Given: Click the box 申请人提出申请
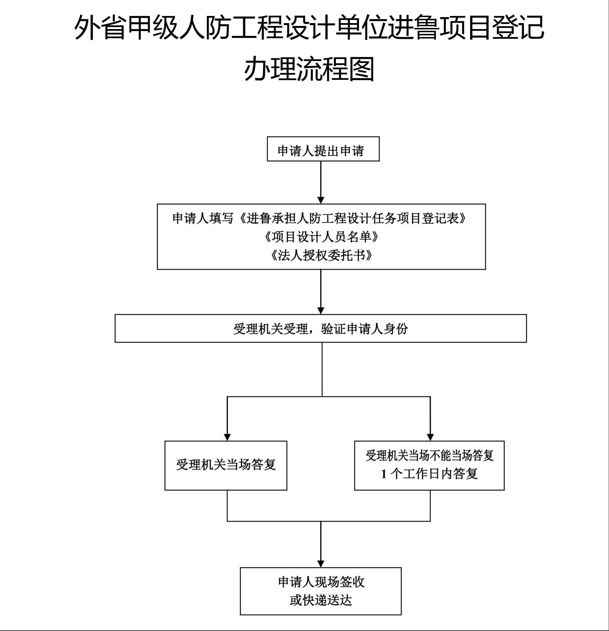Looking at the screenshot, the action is [x=323, y=149].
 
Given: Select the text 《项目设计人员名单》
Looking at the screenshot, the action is [x=321, y=237].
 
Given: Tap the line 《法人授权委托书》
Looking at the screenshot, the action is [x=321, y=255].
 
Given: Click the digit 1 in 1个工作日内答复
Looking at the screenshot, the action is [x=384, y=474].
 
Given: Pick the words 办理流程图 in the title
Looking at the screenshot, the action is [x=309, y=69].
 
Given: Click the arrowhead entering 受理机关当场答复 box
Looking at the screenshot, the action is [x=227, y=437].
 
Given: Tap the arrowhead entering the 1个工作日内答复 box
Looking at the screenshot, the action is [x=430, y=437].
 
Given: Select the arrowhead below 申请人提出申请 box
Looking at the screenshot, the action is [x=321, y=200].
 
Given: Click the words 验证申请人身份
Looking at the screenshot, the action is [x=364, y=329].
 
